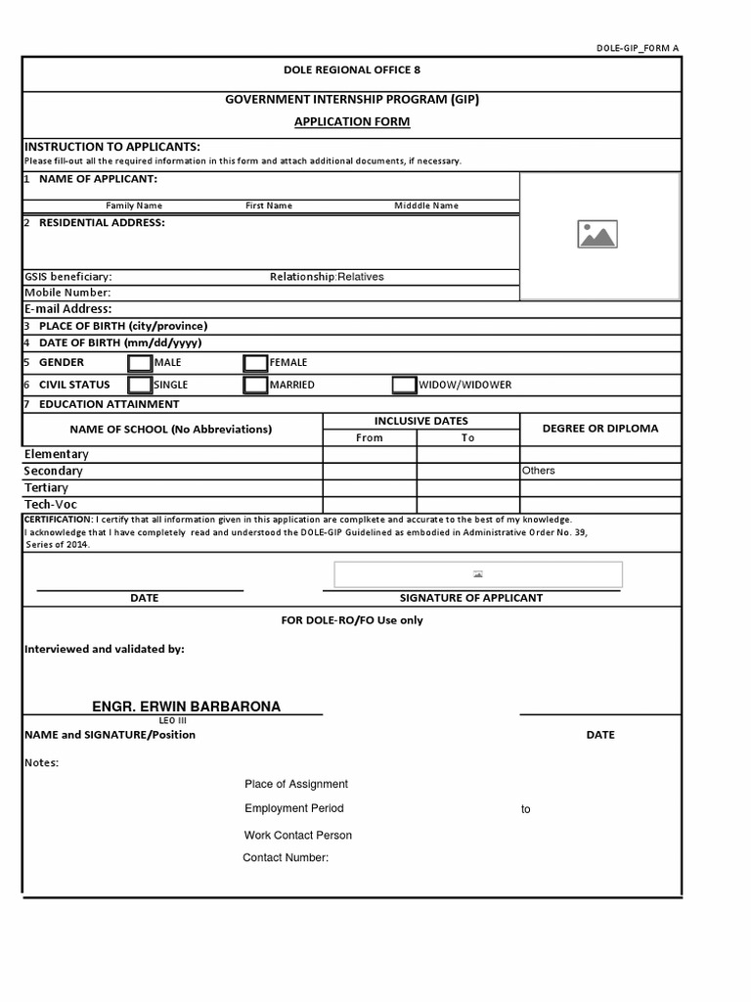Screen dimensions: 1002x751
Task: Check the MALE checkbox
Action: [140, 363]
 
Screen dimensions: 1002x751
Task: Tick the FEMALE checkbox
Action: [255, 363]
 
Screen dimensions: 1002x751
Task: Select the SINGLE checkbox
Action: [140, 385]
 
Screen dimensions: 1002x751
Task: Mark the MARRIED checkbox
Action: [255, 385]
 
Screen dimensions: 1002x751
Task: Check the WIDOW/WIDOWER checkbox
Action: [404, 385]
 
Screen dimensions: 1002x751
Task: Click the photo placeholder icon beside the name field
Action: [597, 235]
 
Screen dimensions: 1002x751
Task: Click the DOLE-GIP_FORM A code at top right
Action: [638, 48]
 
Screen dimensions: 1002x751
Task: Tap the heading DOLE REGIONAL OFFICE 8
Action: [352, 70]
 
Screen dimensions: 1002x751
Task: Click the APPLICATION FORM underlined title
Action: [352, 122]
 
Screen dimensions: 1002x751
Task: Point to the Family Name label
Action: [134, 206]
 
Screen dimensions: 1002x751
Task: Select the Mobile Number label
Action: [67, 293]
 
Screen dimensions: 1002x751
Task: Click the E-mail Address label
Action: [68, 309]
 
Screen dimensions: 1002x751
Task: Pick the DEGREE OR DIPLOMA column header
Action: [600, 429]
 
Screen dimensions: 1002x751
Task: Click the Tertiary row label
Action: [46, 487]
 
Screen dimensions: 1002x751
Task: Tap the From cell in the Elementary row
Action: [370, 454]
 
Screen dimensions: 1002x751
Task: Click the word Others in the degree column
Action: [538, 471]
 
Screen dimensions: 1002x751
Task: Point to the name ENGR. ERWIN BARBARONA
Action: [186, 706]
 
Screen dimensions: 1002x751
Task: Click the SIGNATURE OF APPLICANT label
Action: [471, 598]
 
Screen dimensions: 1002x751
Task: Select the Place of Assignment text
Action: [296, 785]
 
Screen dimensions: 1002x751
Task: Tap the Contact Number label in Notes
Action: [286, 858]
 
